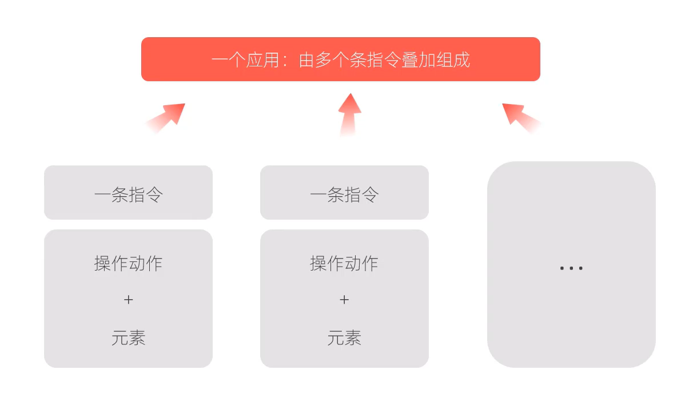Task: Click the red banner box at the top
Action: pos(341,59)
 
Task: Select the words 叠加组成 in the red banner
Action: pos(436,60)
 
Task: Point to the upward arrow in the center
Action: pos(349,114)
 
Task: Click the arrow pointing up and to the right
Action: pos(165,118)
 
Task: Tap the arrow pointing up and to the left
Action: pos(521,118)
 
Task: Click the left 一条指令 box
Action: pos(129,192)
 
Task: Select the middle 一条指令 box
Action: pos(344,192)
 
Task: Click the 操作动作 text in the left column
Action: pos(129,264)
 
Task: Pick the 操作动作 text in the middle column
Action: pos(344,264)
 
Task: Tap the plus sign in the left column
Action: pos(129,300)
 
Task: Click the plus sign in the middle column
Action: pos(344,300)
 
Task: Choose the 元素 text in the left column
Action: pos(129,338)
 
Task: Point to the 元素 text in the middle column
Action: pos(344,338)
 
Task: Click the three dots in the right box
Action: pos(571,268)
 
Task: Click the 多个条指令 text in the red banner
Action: pos(349,60)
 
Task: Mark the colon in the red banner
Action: pos(285,61)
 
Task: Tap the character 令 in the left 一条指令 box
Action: pos(154,194)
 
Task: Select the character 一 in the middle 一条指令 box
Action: pos(318,194)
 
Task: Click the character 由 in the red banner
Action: pos(306,60)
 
